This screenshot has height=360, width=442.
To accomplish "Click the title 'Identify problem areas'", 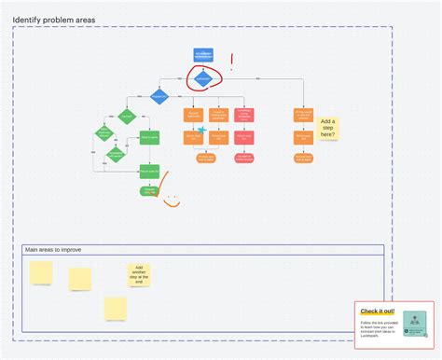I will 55,20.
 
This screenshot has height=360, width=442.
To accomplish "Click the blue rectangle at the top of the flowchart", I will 204,55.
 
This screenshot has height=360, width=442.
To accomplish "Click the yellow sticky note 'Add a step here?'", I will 327,127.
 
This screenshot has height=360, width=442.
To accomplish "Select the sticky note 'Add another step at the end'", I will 139,274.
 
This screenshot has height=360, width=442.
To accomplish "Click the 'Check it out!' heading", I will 378,311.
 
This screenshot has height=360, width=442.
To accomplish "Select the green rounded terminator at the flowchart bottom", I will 149,190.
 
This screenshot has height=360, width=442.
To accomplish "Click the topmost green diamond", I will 127,117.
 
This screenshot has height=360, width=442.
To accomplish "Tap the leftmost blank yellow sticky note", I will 41,271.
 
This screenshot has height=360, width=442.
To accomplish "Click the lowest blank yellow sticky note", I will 116,308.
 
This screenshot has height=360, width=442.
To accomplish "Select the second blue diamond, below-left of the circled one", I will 159,97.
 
